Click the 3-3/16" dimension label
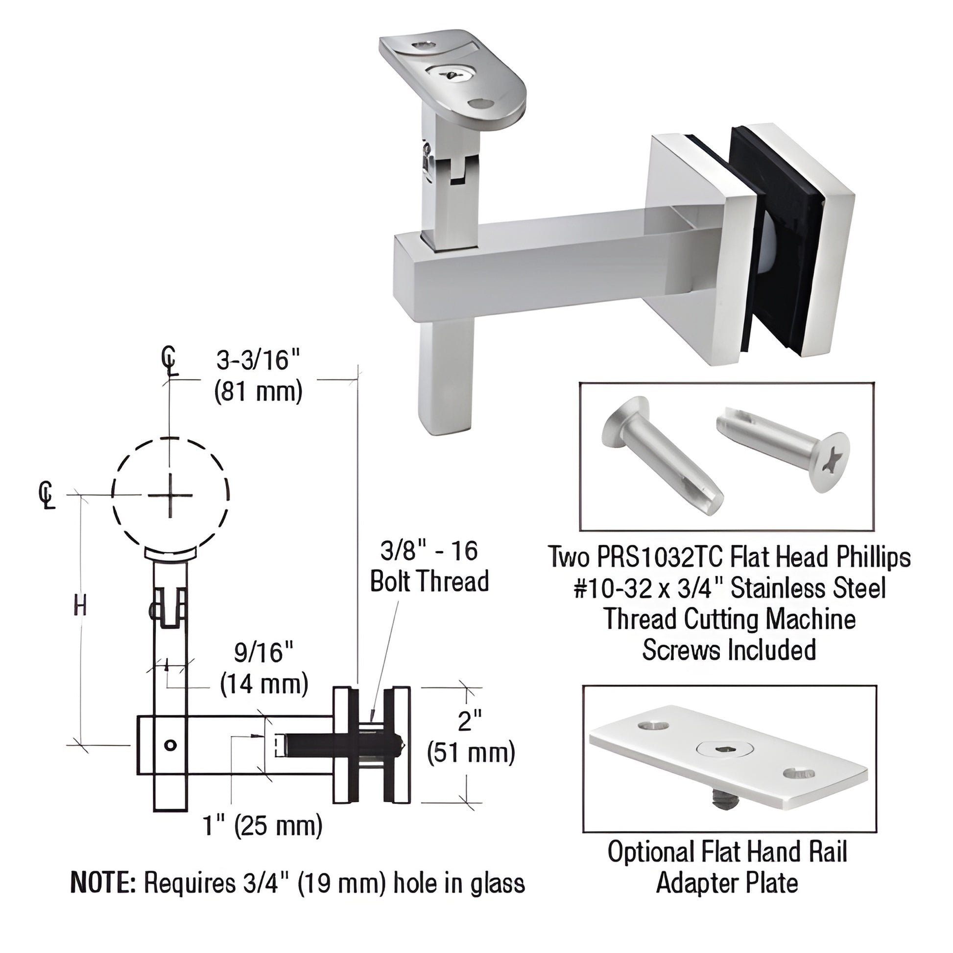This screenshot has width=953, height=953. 259,360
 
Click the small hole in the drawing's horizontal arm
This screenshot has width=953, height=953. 170,745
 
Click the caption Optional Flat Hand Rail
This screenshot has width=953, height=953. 727,852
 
